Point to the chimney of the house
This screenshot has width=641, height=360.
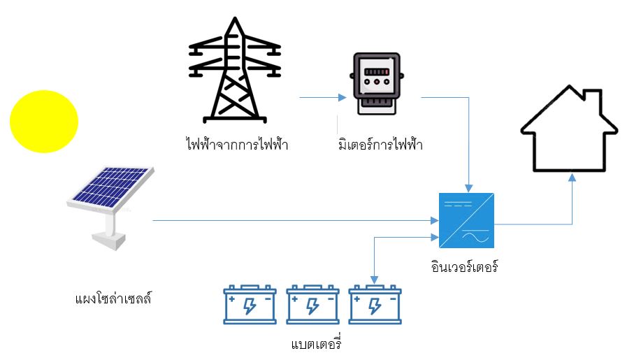[592, 99]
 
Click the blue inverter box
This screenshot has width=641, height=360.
[467, 219]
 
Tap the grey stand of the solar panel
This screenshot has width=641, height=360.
[110, 231]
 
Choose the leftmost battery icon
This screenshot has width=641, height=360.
[250, 305]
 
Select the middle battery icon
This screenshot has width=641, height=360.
[312, 305]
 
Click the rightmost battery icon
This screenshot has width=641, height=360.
[375, 305]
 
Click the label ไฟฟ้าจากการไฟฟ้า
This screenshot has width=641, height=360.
[237, 145]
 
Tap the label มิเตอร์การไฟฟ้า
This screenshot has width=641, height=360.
[380, 145]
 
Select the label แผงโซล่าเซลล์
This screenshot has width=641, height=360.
[113, 299]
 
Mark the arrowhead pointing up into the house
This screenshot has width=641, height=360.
[572, 178]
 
